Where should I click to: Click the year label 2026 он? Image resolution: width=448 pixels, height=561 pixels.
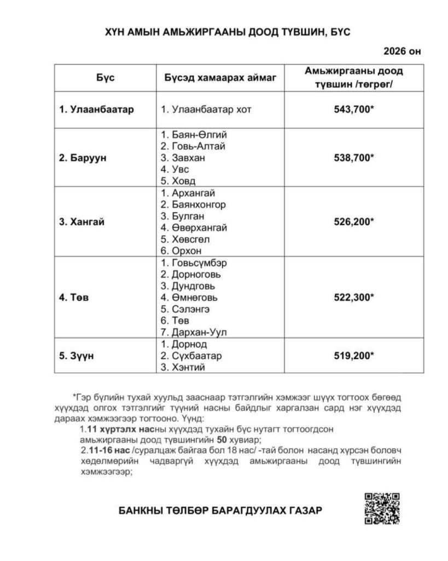click(403, 52)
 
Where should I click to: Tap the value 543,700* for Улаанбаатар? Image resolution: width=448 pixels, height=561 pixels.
click(353, 109)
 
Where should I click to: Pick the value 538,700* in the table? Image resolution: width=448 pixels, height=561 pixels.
click(353, 157)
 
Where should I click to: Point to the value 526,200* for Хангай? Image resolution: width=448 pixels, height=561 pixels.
click(353, 222)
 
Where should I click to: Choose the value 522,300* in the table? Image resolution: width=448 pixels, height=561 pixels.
click(353, 297)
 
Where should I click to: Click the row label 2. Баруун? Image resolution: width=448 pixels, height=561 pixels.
click(83, 158)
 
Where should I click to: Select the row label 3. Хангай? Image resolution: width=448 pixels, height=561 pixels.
click(82, 222)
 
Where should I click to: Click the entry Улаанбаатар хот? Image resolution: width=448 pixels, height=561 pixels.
click(206, 109)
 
